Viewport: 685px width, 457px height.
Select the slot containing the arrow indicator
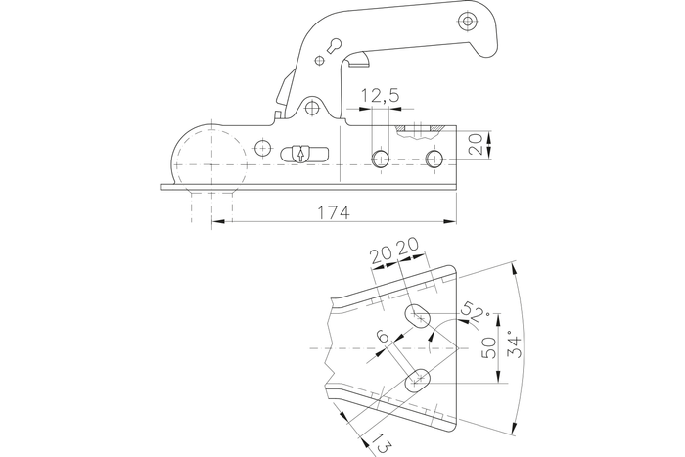(x=300, y=154)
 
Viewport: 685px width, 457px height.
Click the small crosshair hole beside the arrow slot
(x=261, y=148)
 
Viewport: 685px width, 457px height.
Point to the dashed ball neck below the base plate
(x=212, y=208)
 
